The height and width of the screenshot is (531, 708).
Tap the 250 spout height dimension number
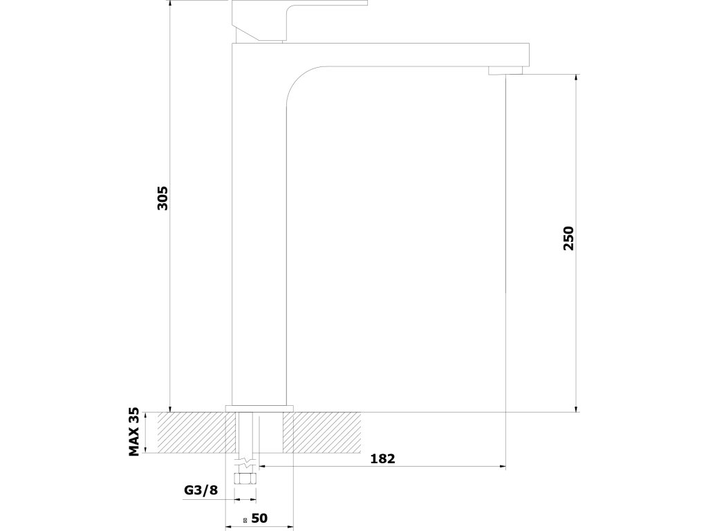click(568, 238)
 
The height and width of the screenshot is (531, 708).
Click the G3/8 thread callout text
click(201, 491)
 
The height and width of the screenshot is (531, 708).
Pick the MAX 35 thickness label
click(135, 432)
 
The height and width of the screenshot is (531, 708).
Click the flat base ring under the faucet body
click(261, 408)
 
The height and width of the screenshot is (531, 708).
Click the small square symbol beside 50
click(245, 519)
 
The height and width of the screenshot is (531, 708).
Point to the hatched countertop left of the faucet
click(194, 432)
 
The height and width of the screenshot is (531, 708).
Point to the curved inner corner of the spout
click(294, 80)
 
